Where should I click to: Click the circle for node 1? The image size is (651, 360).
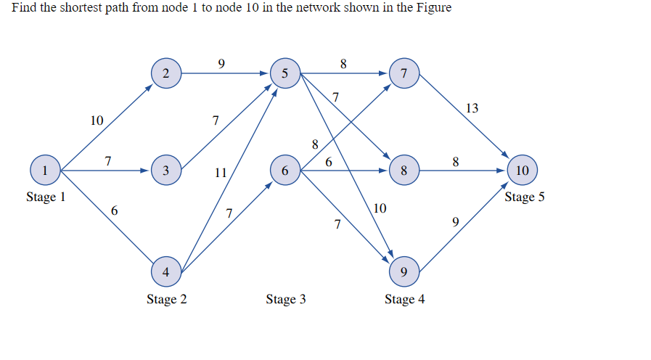(x=46, y=171)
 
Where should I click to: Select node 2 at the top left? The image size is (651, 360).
(x=166, y=73)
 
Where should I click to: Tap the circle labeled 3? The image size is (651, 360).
(x=166, y=171)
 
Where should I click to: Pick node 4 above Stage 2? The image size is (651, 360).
(x=166, y=272)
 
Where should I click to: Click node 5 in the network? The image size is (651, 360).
(x=284, y=73)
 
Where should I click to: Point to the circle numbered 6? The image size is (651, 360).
(x=284, y=171)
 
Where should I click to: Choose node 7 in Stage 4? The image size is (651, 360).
(x=404, y=73)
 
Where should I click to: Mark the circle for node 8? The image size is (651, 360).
(x=404, y=171)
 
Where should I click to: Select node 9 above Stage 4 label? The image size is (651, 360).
(x=404, y=272)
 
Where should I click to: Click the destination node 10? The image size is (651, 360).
(x=523, y=171)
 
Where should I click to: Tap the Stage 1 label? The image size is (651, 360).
(x=46, y=197)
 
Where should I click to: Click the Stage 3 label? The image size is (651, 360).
(x=285, y=299)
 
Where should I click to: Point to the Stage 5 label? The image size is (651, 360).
(x=524, y=197)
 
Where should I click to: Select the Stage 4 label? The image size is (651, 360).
(x=404, y=299)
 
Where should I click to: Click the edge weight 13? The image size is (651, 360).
(x=472, y=108)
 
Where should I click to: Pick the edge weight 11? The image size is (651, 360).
(x=221, y=173)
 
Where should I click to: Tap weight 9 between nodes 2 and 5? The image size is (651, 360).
(x=221, y=63)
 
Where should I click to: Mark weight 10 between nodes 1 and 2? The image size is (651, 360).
(x=97, y=120)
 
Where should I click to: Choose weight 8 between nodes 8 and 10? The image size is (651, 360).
(x=455, y=161)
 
